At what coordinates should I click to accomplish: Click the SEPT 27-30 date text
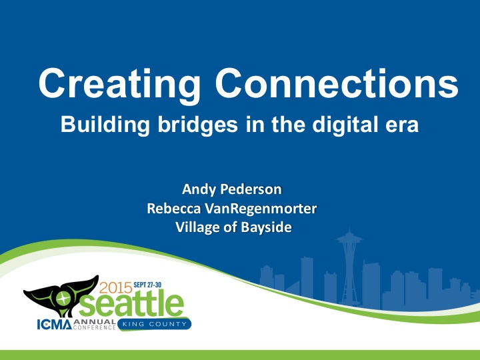coord(153,284)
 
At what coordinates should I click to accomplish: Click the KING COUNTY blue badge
coord(155,325)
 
